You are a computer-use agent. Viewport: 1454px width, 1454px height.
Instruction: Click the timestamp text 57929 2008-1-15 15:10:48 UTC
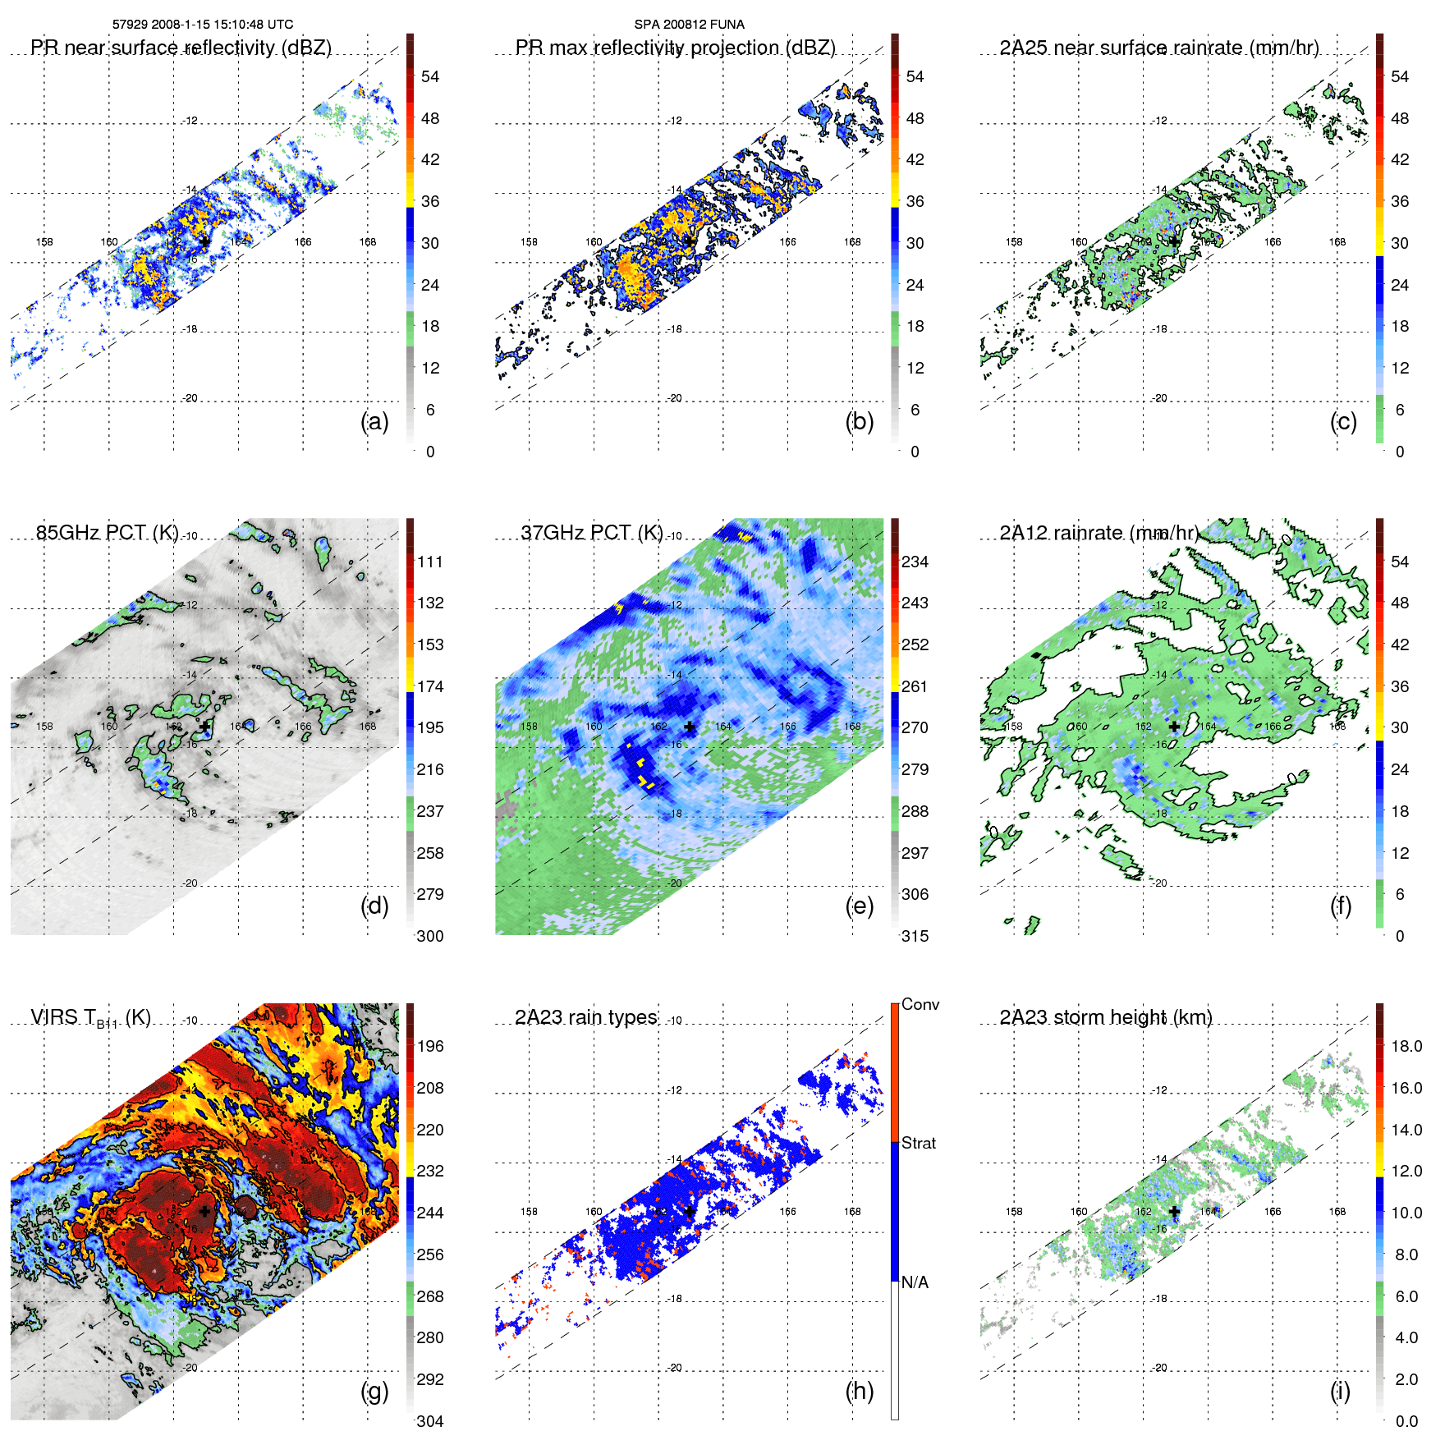click(202, 25)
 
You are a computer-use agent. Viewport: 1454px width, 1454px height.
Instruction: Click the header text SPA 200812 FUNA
click(689, 25)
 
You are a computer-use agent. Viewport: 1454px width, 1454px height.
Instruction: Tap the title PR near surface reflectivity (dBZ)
click(181, 48)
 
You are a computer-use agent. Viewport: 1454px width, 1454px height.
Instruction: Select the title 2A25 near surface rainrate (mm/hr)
click(1158, 48)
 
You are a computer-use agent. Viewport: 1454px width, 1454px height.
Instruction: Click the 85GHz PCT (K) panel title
click(107, 533)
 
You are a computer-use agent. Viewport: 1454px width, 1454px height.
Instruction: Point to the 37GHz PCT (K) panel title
click(591, 533)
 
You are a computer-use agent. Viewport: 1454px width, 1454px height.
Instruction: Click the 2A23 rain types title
click(585, 1017)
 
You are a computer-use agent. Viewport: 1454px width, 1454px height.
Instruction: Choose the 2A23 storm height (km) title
click(1105, 1017)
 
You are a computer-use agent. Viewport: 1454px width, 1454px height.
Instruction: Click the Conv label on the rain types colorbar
click(920, 1004)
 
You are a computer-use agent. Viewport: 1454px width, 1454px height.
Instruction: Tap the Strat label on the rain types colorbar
click(918, 1143)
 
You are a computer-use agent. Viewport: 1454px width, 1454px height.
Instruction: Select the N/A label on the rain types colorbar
click(915, 1282)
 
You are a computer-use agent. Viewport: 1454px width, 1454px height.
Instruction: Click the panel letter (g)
click(374, 1391)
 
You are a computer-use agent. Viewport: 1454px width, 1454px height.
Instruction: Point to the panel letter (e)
click(859, 906)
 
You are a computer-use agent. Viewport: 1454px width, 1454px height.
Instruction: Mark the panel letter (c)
click(1343, 421)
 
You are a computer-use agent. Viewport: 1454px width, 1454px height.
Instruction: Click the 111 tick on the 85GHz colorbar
click(429, 562)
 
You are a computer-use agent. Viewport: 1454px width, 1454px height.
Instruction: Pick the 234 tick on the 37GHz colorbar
click(915, 562)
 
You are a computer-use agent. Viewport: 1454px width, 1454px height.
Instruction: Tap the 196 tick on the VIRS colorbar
click(429, 1046)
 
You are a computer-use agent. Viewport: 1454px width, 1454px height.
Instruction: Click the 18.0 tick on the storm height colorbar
click(1406, 1046)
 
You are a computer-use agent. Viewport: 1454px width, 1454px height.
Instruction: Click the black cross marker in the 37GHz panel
click(690, 727)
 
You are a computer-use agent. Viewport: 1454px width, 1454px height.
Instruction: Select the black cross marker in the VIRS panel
click(204, 1211)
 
